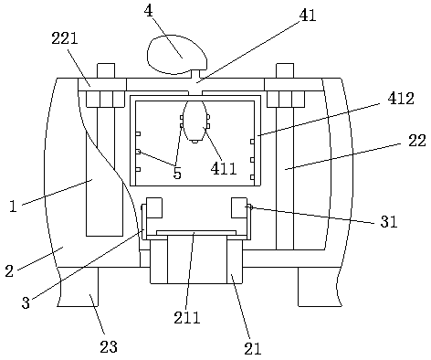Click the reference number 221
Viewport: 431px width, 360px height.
[x=65, y=38]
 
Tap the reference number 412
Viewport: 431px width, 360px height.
[x=401, y=99]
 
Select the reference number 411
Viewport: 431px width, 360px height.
[x=224, y=168]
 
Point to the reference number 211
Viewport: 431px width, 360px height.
[x=187, y=318]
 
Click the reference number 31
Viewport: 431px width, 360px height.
[x=389, y=222]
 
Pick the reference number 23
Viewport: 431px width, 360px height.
[x=109, y=347]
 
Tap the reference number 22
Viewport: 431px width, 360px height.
[x=416, y=141]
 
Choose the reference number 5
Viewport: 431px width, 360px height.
[x=177, y=173]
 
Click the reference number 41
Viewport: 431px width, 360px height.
[x=308, y=16]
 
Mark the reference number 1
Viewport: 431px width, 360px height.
[x=13, y=206]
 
